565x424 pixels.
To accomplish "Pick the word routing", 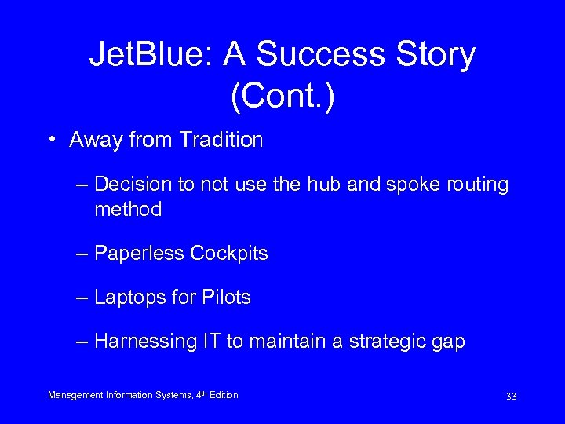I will (480, 185).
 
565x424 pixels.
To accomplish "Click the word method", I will (128, 210).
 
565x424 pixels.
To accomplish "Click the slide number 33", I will (511, 397).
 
